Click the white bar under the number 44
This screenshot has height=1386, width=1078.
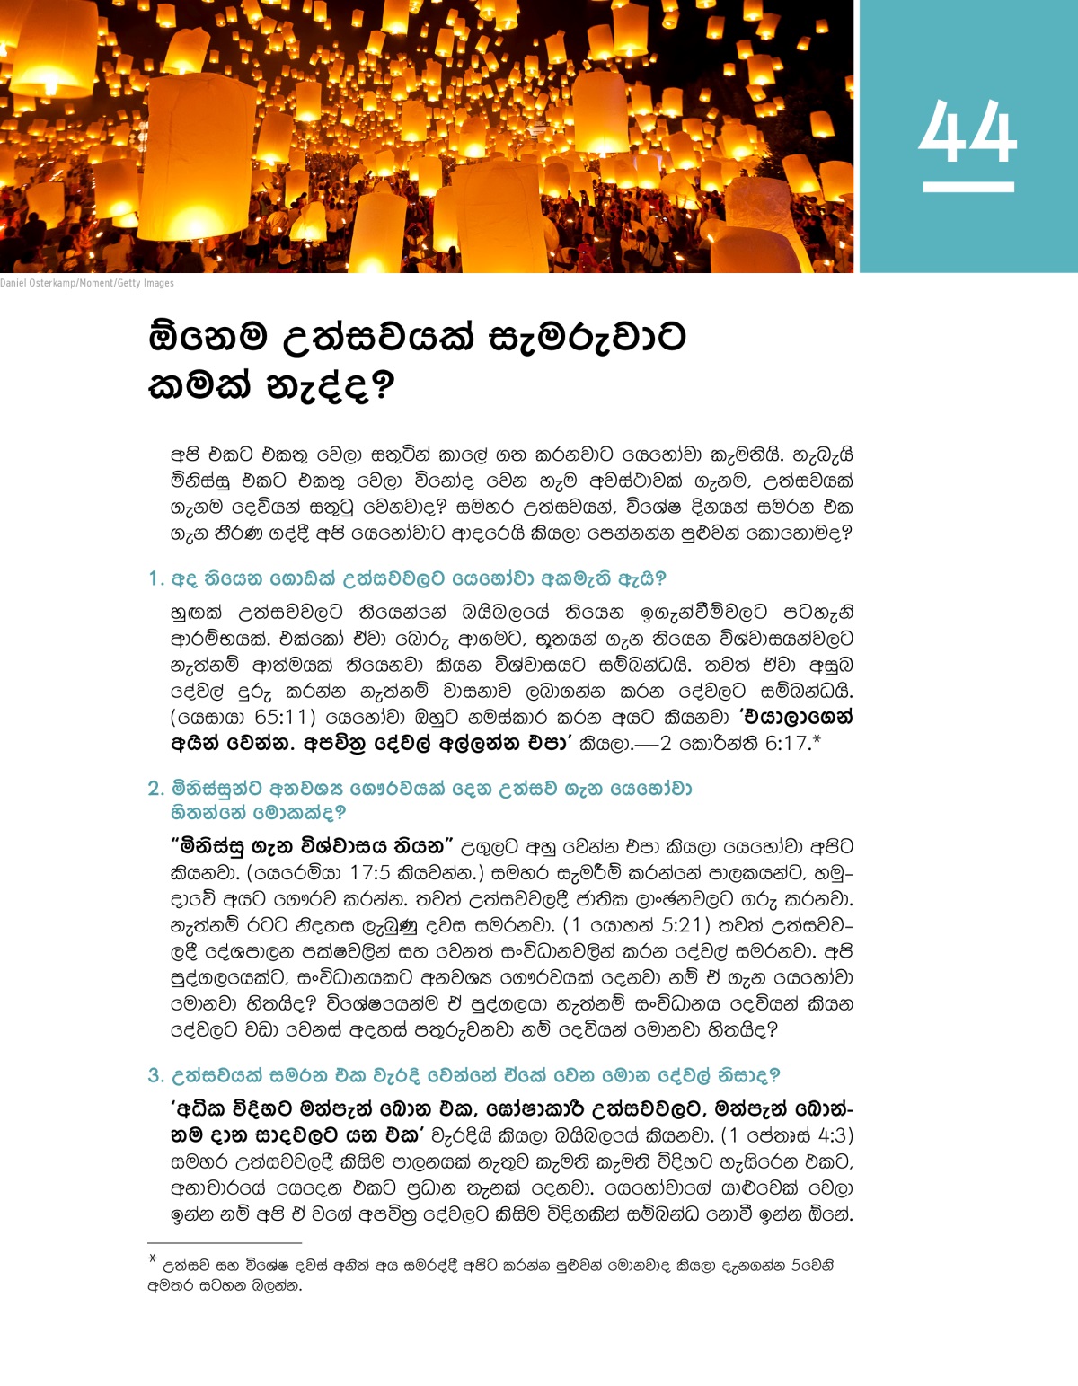pos(968,187)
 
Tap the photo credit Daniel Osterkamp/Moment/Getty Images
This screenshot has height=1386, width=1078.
pos(87,283)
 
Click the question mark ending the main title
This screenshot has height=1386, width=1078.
pos(383,387)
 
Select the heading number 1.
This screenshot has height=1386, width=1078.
pos(154,579)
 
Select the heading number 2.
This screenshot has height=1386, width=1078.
pos(155,789)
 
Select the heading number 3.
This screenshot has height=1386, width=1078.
pos(155,1075)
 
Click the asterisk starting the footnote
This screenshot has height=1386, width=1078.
pos(153,1259)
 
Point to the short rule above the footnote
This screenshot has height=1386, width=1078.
pos(211,1243)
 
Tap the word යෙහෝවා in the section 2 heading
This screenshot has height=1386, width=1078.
pos(650,789)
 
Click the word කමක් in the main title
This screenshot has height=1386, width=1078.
pos(199,387)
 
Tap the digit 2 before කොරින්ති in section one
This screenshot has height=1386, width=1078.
pos(665,744)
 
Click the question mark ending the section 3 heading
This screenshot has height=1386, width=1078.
pos(774,1075)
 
